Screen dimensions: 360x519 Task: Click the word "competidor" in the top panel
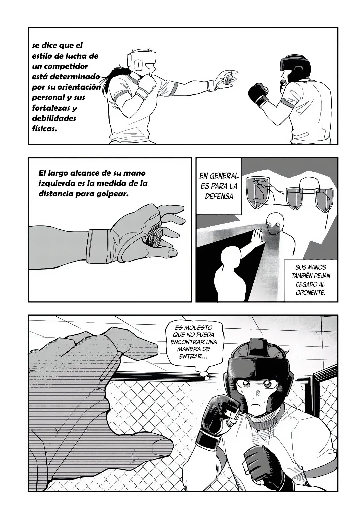[x=66, y=67]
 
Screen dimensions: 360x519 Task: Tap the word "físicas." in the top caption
[x=44, y=129]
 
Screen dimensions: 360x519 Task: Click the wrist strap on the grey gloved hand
[x=99, y=246]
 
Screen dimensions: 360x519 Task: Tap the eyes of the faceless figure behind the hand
[x=275, y=224]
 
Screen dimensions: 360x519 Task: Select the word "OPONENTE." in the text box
[x=310, y=293]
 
